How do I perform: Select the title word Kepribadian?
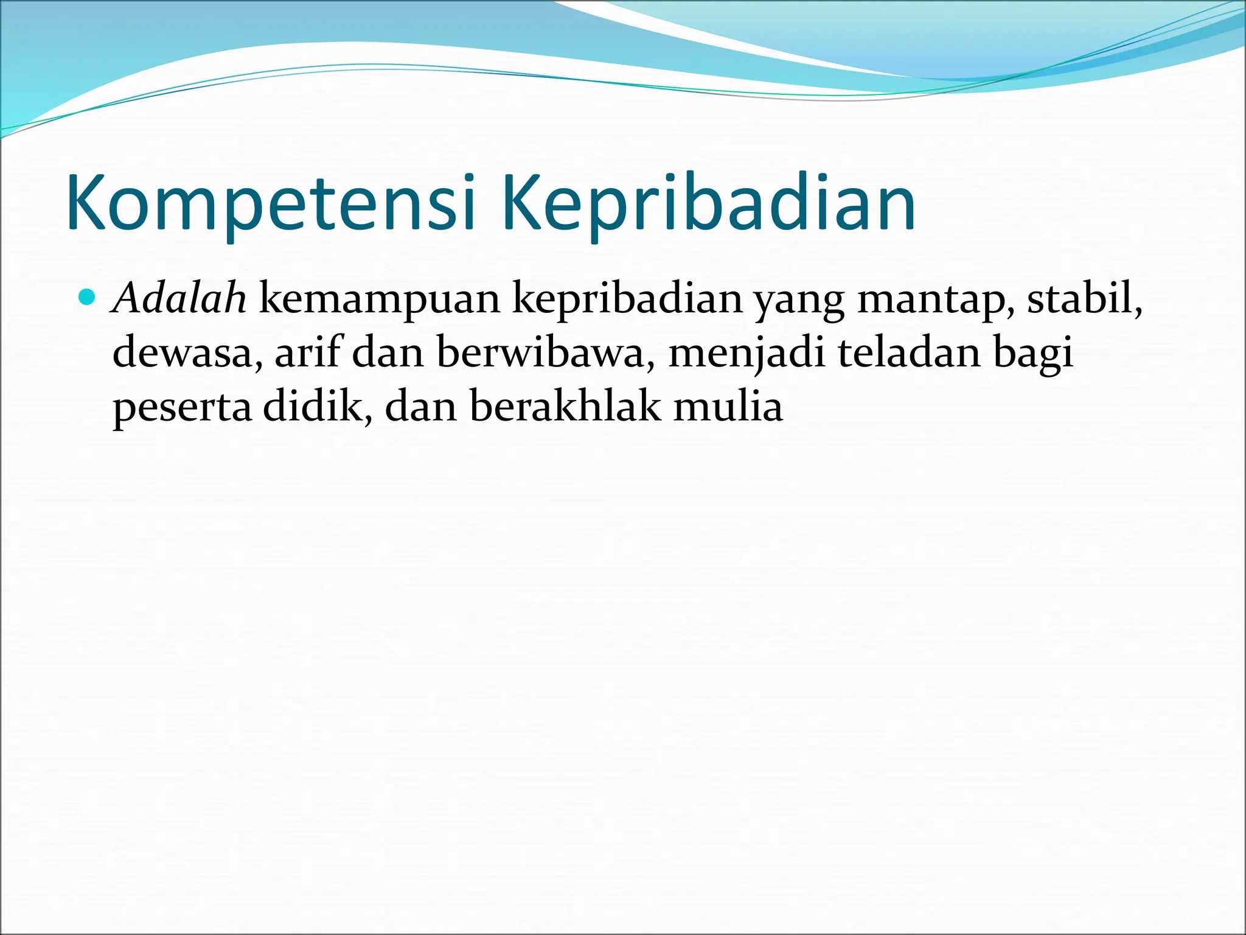click(x=708, y=203)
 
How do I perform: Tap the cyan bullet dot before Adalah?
click(x=88, y=298)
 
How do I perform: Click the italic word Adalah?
click(x=180, y=299)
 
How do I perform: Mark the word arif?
click(x=307, y=353)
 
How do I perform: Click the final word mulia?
click(x=728, y=407)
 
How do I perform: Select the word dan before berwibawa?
click(x=388, y=353)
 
